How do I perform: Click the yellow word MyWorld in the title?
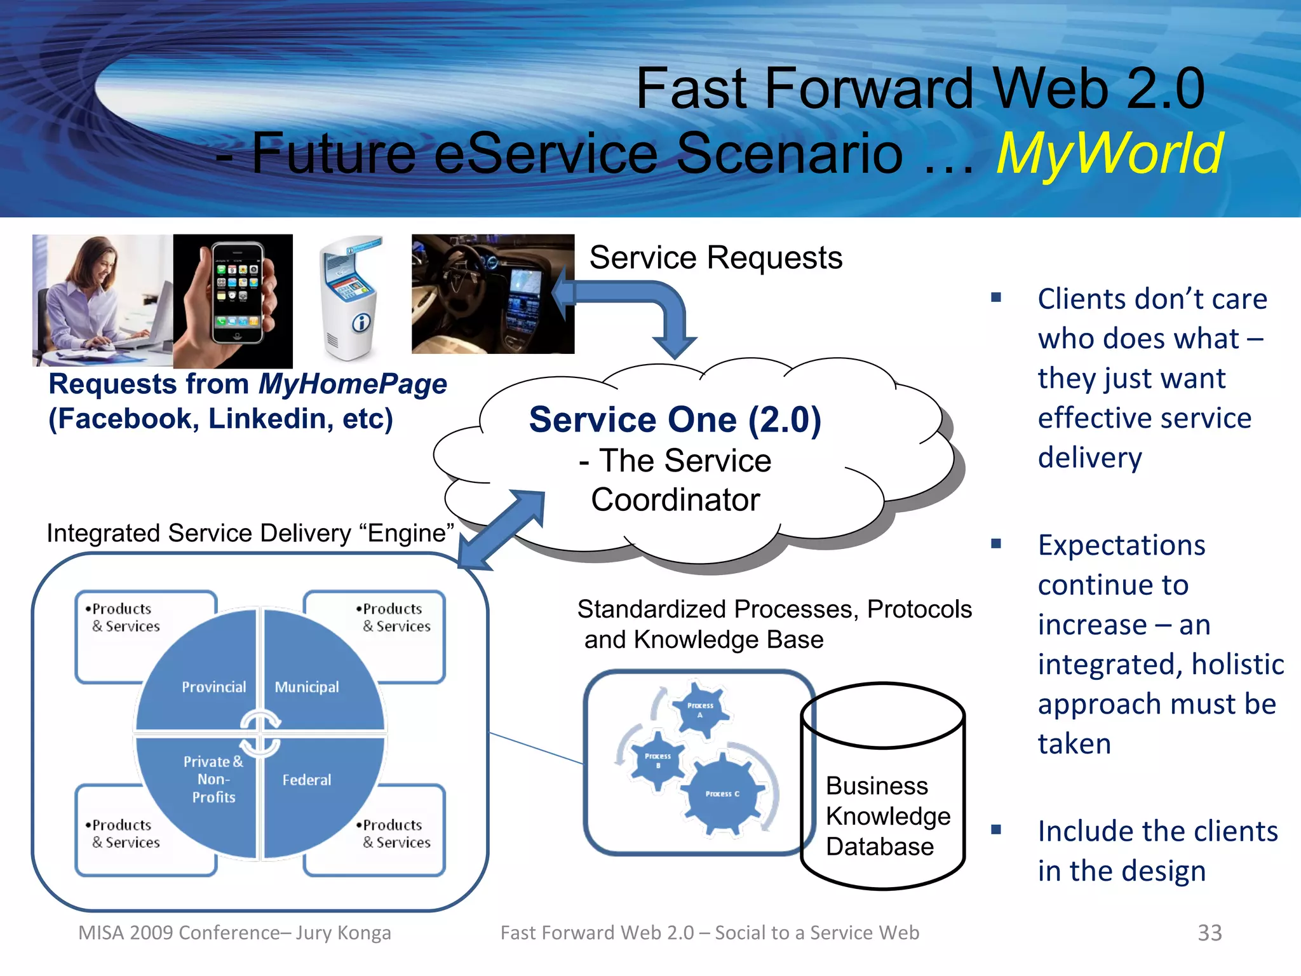(1109, 154)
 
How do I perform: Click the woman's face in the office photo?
(95, 265)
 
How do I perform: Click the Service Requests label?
(715, 258)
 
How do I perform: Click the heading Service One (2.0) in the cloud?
(675, 420)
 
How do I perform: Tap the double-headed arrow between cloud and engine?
(502, 529)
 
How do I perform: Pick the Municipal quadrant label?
(307, 687)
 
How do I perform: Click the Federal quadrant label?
(307, 780)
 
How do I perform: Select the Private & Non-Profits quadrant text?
(213, 779)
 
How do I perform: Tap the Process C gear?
(722, 794)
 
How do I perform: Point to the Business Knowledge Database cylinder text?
(887, 816)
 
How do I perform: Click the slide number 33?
(1209, 933)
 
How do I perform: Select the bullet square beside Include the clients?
(996, 829)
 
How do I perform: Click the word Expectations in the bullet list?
(1121, 545)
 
